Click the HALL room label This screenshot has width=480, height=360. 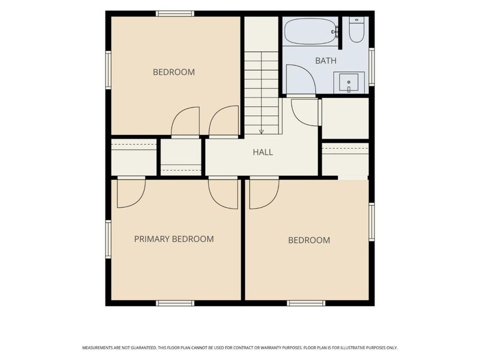click(x=263, y=152)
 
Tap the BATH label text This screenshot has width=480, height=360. click(x=326, y=61)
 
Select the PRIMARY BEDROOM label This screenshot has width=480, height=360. click(x=174, y=239)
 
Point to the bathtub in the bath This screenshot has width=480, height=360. click(x=311, y=32)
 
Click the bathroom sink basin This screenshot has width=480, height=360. click(x=349, y=83)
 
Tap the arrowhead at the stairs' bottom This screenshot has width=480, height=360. click(x=261, y=131)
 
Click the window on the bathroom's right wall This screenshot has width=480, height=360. click(x=371, y=67)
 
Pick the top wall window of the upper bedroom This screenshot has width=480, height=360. click(x=175, y=13)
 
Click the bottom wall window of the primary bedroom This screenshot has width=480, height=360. click(x=175, y=303)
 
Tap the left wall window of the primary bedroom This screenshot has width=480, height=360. click(x=108, y=239)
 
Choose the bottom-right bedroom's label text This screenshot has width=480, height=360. click(x=309, y=240)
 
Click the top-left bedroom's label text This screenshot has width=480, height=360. click(x=174, y=72)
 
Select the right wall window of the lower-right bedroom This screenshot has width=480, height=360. click(x=371, y=222)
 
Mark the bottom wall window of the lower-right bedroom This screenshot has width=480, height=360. click(x=306, y=303)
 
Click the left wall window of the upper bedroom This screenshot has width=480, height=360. click(x=108, y=70)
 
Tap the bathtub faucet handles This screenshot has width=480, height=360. click(x=336, y=32)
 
